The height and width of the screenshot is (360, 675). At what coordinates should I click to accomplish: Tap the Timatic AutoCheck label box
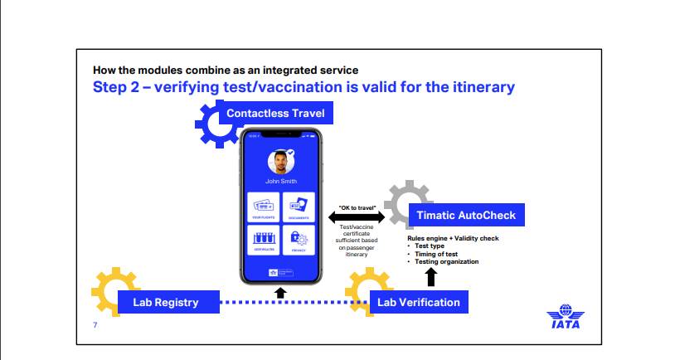point(466,215)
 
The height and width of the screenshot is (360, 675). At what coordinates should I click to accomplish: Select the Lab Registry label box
point(166,302)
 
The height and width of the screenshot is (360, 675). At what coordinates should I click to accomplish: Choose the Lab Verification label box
point(419,302)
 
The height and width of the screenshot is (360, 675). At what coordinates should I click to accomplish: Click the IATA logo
point(565,318)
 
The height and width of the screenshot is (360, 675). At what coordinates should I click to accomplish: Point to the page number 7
point(95,324)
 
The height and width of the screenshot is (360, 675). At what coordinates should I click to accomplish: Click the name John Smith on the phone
point(280,180)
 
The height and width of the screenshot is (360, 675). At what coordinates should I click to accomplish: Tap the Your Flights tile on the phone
point(264,207)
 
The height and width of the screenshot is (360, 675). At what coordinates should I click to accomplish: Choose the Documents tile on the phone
point(299,207)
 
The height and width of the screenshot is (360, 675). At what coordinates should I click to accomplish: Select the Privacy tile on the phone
point(299,241)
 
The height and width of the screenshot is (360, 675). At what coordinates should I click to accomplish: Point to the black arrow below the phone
point(280,292)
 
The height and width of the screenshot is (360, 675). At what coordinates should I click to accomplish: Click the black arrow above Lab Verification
point(431,277)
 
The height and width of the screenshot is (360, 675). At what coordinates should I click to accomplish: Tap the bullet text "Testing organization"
point(446,261)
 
